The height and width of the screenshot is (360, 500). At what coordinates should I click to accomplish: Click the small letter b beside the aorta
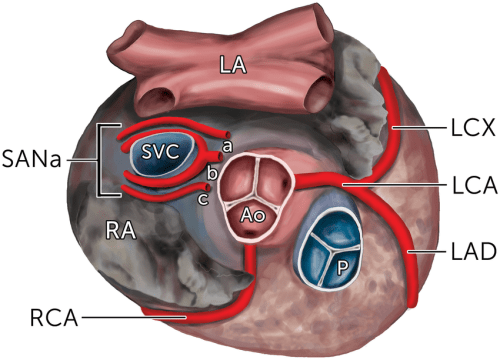pyautogui.click(x=211, y=173)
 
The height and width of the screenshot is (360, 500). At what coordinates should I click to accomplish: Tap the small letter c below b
pyautogui.click(x=205, y=197)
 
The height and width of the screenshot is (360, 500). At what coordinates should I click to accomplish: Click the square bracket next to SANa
pyautogui.click(x=100, y=160)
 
